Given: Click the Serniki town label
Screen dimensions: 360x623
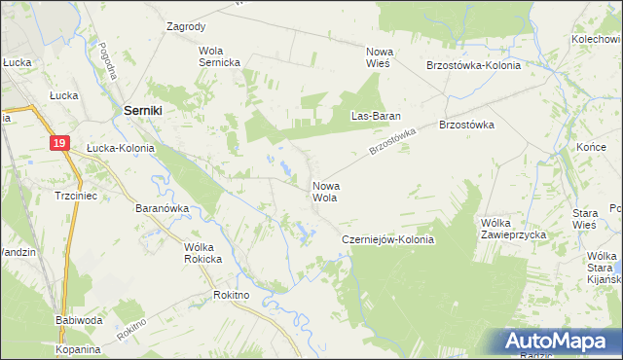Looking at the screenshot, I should click(142, 112).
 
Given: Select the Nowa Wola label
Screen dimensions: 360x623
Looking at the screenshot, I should click(324, 191).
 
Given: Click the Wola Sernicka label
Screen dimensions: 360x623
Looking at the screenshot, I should click(218, 56).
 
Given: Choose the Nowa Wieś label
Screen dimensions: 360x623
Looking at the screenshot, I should click(378, 56).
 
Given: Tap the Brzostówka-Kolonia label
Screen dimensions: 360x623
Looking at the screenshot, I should click(473, 65).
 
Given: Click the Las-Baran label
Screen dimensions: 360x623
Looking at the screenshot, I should click(371, 116).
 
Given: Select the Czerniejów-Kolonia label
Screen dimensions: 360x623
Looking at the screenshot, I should click(386, 239).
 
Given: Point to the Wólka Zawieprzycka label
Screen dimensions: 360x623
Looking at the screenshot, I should click(513, 229).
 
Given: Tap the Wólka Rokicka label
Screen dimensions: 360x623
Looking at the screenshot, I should click(203, 253).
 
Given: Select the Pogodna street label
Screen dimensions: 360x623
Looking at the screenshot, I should click(108, 59).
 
